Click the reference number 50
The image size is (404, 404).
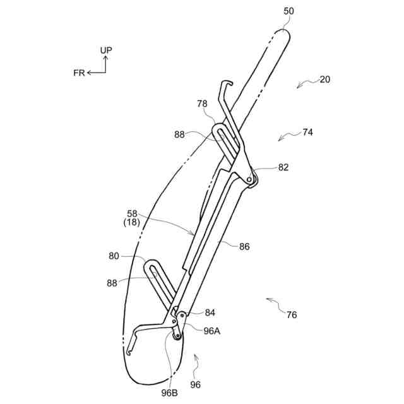click(x=288, y=11)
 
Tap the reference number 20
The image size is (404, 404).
click(x=325, y=80)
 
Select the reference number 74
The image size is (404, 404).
click(x=308, y=133)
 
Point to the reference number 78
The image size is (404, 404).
click(x=202, y=103)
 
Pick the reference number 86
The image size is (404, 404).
click(x=244, y=247)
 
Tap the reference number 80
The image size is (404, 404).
click(x=114, y=256)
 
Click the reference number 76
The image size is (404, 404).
click(x=292, y=315)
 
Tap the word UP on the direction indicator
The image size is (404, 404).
click(x=106, y=49)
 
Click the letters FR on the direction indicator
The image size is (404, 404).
click(x=79, y=73)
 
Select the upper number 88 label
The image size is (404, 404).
click(x=181, y=134)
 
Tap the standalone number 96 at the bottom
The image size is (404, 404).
click(x=195, y=384)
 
